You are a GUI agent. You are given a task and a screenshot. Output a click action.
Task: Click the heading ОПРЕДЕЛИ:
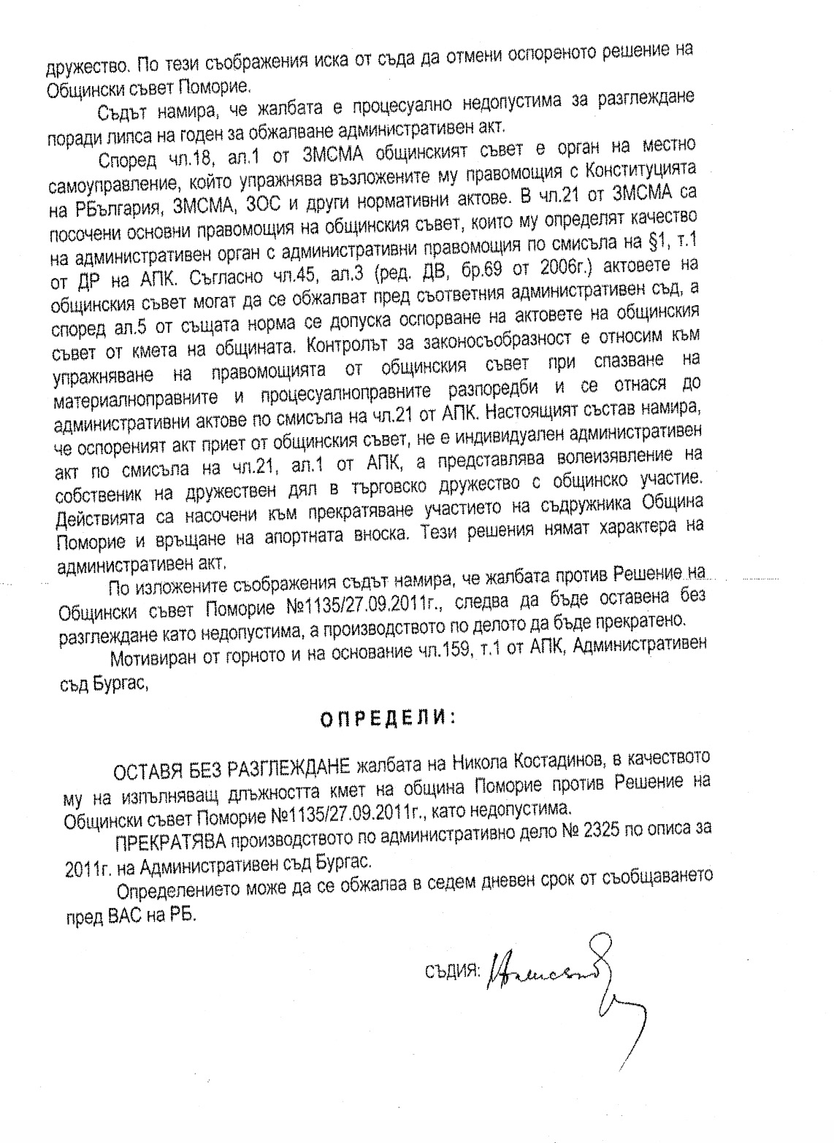pos(387,717)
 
